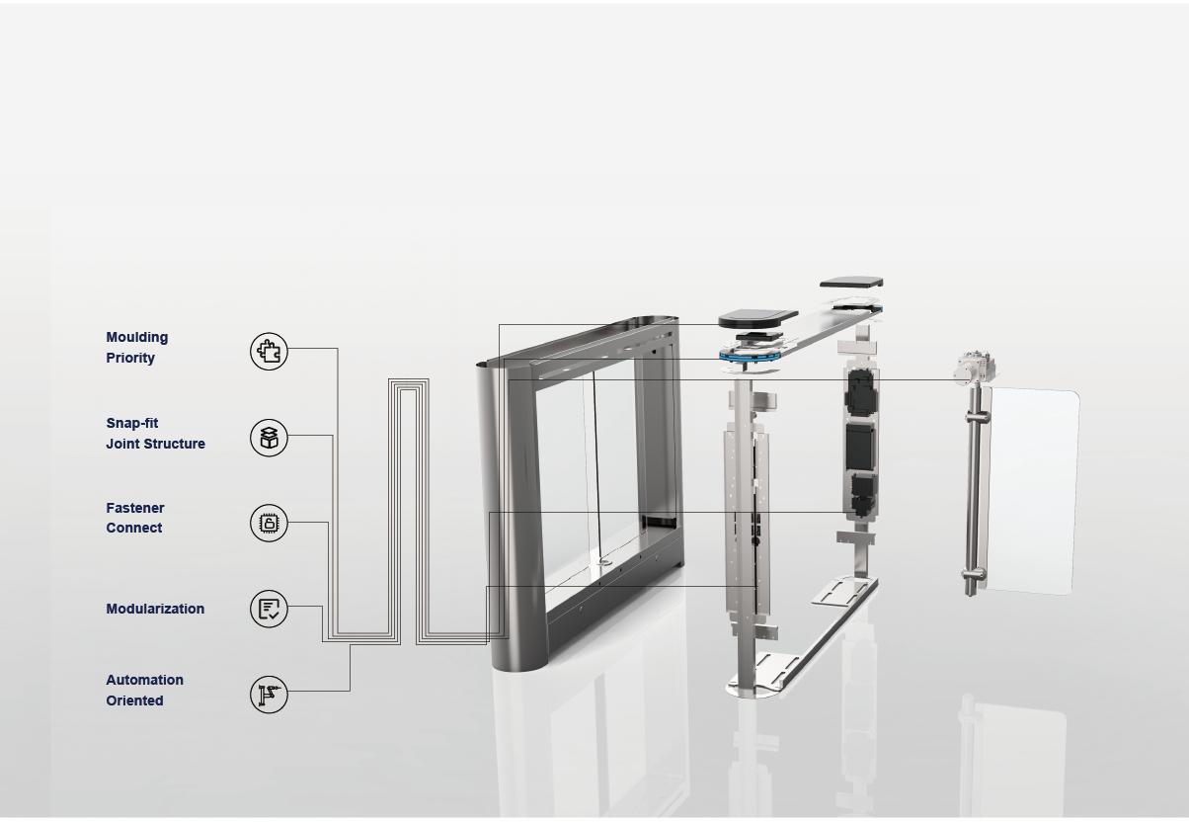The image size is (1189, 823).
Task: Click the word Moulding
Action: tap(137, 338)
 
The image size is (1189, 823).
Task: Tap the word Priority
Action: tap(130, 359)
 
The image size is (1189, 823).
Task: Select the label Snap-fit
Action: tap(132, 424)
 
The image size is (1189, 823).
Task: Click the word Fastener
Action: tap(135, 508)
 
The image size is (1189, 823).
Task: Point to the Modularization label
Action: tap(155, 610)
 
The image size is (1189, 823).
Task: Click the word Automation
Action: tap(144, 681)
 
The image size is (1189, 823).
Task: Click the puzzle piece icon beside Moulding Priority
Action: tap(269, 351)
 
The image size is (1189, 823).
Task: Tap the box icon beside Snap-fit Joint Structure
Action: tap(269, 437)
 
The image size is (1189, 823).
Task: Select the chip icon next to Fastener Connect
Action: tap(269, 523)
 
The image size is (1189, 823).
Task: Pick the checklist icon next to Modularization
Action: tap(269, 609)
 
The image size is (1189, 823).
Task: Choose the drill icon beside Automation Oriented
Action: tap(269, 695)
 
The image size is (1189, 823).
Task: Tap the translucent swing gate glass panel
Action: tap(1032, 489)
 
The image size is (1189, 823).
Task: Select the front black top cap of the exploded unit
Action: tap(757, 318)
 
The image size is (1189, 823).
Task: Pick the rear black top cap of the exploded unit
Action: tap(850, 283)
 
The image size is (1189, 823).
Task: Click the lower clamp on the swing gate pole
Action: tap(974, 575)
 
